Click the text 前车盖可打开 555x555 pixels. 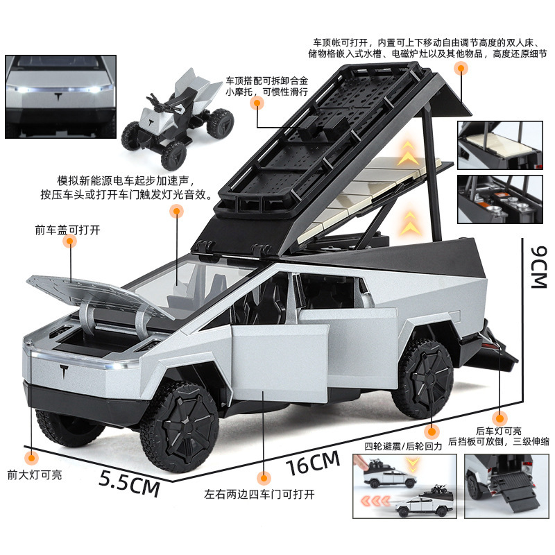pos(67,230)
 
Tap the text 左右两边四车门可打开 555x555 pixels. pos(259,495)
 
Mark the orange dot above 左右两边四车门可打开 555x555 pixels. pos(263,478)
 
